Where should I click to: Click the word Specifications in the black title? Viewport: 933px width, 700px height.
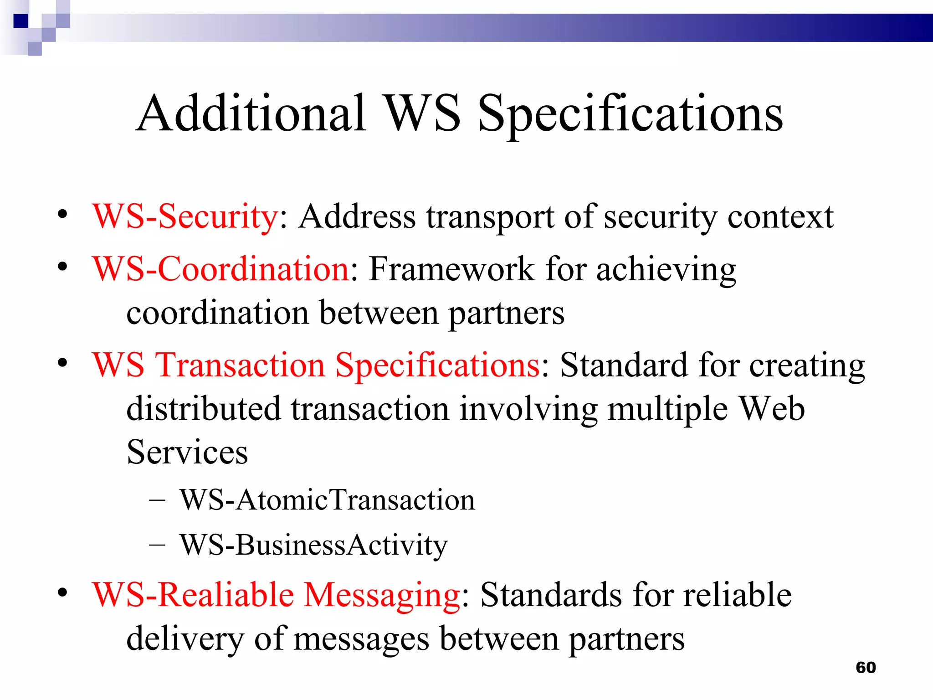tap(630, 114)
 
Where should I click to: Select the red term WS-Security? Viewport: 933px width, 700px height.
tap(185, 216)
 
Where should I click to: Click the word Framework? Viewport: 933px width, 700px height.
tap(451, 269)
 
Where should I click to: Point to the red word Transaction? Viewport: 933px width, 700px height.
tap(240, 365)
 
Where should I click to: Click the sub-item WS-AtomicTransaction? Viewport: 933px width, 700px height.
tap(327, 500)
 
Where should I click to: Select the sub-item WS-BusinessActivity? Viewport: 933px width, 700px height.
tap(313, 545)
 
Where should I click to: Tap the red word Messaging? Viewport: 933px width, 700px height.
tap(382, 596)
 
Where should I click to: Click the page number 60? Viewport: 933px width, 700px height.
tap(866, 668)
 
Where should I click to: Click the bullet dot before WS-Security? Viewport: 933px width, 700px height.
tap(62, 214)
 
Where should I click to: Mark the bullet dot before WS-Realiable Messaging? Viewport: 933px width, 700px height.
tap(62, 592)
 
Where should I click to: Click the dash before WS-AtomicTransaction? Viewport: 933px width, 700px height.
tap(157, 500)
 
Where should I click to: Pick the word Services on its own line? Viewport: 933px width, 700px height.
tap(187, 452)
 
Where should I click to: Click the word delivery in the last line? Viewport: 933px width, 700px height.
tap(185, 639)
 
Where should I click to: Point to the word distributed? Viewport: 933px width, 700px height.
tap(203, 409)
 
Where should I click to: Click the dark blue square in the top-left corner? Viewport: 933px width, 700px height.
tap(21, 21)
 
